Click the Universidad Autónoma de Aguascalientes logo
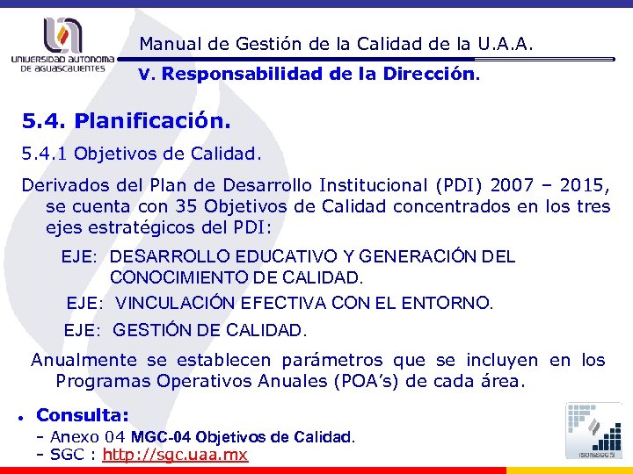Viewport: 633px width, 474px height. (62, 43)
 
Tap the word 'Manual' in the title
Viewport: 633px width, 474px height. (168, 43)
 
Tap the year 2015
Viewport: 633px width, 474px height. (581, 185)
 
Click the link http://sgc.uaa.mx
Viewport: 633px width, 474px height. (175, 455)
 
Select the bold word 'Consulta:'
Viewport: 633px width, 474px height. (83, 414)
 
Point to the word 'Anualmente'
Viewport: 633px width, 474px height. (84, 360)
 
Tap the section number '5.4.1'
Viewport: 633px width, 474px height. (45, 154)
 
